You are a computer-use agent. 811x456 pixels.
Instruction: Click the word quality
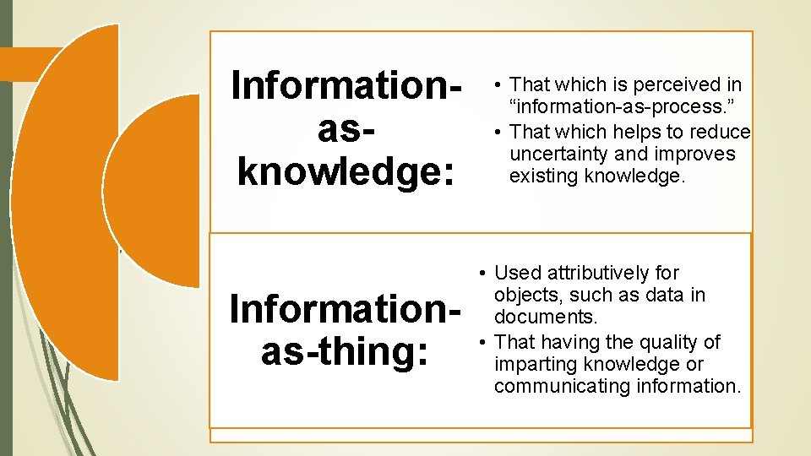point(651,342)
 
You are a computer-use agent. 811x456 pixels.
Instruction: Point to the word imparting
point(531,364)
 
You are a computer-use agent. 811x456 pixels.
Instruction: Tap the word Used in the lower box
point(517,273)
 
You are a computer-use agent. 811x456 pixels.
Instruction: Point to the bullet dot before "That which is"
point(499,84)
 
